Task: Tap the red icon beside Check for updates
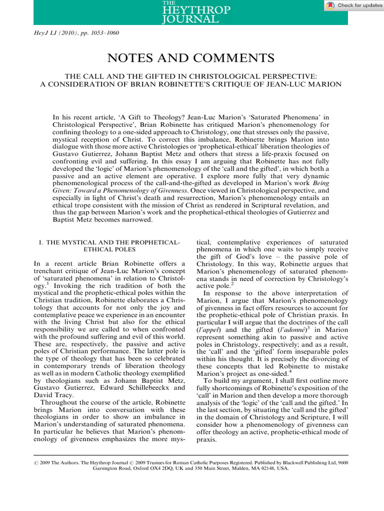pos(330,5)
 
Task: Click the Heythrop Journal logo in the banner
pos(190,13)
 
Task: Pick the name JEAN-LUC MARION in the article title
pos(314,84)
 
